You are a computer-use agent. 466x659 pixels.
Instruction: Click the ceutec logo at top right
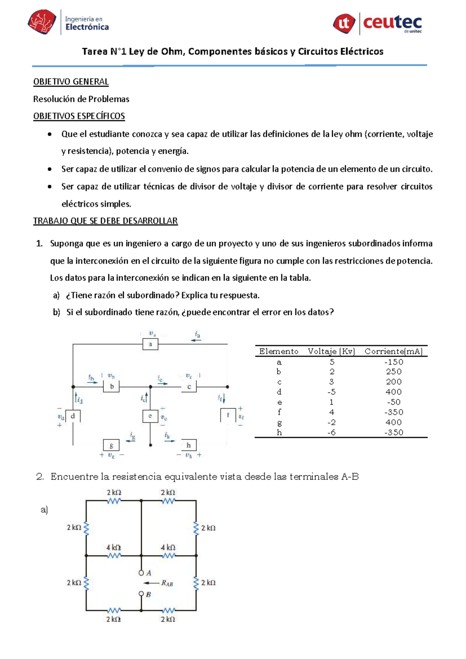(x=377, y=23)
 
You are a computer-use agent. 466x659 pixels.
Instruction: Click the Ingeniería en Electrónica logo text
(x=87, y=23)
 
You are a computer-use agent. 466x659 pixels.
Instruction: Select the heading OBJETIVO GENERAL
(x=71, y=82)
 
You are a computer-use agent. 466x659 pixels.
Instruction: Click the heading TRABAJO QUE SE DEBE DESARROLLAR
(x=105, y=221)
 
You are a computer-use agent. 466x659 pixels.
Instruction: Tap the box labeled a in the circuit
(x=150, y=344)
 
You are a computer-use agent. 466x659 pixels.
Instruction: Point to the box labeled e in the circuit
(x=150, y=416)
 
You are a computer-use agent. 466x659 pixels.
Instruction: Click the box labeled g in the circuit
(x=111, y=445)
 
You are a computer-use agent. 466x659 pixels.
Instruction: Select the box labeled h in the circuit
(x=189, y=445)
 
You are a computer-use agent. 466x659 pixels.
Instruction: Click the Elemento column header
(x=279, y=351)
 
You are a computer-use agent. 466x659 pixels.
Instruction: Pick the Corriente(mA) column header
(x=393, y=351)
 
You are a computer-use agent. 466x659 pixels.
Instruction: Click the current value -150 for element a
(x=394, y=362)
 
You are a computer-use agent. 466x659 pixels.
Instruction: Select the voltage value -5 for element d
(x=331, y=392)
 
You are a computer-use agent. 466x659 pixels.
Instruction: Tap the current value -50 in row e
(x=394, y=402)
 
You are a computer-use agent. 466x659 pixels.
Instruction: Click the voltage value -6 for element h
(x=331, y=432)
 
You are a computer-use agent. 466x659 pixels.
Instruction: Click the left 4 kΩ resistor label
(x=114, y=547)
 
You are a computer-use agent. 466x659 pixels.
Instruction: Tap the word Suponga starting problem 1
(x=67, y=244)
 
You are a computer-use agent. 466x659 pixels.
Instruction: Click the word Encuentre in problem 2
(x=74, y=477)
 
